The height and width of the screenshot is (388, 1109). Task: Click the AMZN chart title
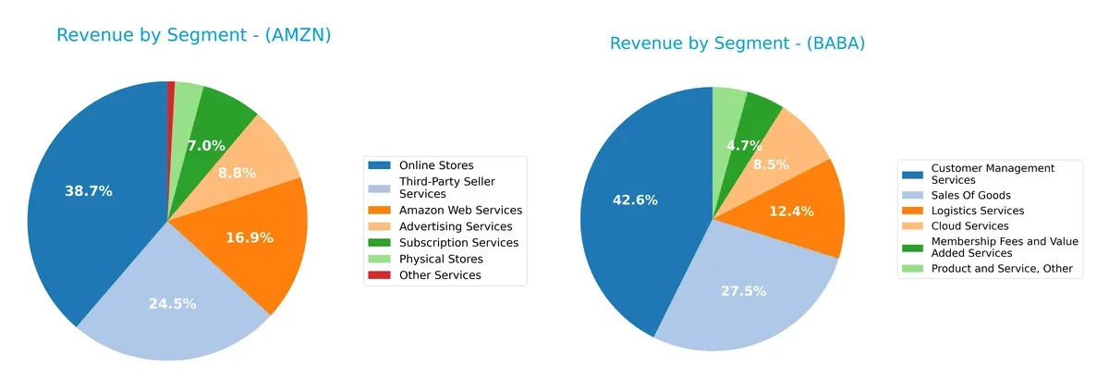(193, 35)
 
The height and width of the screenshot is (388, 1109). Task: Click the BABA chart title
(737, 43)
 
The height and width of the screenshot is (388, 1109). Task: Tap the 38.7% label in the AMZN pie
(89, 191)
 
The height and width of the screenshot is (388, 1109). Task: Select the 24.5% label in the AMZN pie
(172, 303)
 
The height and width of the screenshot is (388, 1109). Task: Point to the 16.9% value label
(250, 237)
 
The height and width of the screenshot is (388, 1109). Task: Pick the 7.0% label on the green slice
(206, 145)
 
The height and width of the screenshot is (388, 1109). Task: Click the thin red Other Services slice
(171, 87)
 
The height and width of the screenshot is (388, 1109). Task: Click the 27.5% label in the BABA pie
(744, 290)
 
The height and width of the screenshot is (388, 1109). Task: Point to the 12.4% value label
(791, 212)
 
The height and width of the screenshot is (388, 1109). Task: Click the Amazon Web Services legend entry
(460, 210)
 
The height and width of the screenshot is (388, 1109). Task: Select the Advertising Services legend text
(456, 226)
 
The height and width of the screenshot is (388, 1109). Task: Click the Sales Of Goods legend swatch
(913, 195)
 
